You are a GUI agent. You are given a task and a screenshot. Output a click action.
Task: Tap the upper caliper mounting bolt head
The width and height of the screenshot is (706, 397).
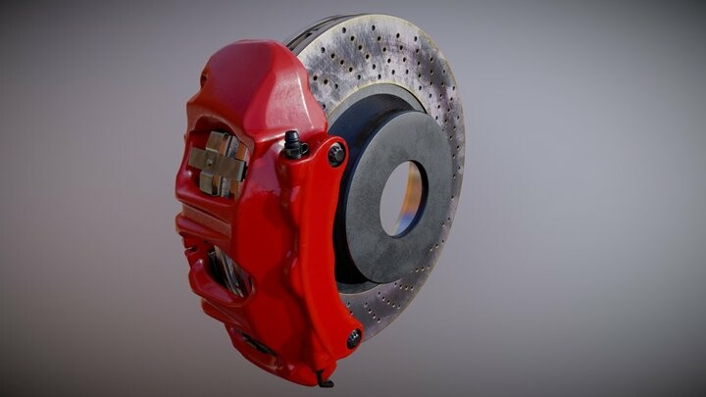(336, 154)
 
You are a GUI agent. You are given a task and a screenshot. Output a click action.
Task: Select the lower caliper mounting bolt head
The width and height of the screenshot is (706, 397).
(353, 337)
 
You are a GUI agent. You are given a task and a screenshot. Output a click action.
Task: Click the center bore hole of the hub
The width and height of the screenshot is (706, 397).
(403, 199)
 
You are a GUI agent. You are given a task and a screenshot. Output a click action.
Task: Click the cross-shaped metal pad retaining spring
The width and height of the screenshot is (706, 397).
(218, 163)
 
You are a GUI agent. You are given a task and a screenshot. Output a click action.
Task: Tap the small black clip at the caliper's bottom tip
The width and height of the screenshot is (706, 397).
(325, 376)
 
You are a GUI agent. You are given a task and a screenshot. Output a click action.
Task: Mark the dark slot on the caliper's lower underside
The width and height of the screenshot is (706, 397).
(257, 344)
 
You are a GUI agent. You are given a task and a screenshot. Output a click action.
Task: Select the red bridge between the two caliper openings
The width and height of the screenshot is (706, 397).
(211, 221)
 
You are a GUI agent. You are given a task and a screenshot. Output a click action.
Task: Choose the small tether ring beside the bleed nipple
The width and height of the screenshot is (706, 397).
(304, 150)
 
